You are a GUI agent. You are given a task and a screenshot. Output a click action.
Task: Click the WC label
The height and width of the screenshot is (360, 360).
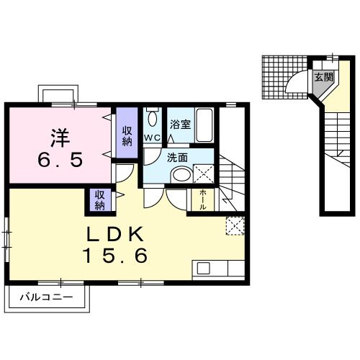(152, 137)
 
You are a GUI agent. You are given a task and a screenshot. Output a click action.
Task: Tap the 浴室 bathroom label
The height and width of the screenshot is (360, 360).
(180, 125)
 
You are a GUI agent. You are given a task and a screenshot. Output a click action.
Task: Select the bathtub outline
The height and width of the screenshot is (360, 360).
(204, 125)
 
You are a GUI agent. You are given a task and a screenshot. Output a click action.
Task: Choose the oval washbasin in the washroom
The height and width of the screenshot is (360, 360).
(181, 174)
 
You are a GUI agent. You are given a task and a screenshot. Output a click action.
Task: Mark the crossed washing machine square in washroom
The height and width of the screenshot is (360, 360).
(203, 173)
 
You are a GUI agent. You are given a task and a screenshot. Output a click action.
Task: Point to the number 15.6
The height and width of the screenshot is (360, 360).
(117, 254)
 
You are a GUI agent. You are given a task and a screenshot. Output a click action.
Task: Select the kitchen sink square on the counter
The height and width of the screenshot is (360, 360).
(203, 268)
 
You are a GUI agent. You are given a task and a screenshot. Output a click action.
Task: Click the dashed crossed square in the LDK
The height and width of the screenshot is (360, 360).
(234, 225)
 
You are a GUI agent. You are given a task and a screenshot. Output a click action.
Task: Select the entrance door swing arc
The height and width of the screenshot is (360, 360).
(299, 83)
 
